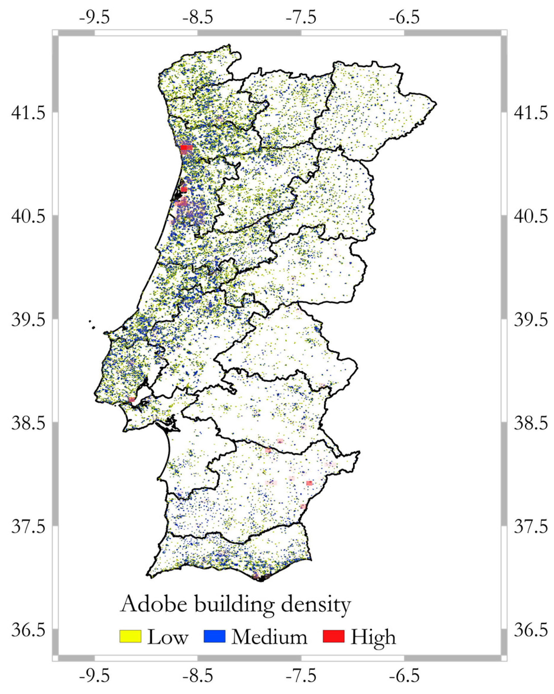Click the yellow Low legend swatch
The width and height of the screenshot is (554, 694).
tap(130, 636)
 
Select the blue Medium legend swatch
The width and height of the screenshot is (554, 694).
tap(214, 636)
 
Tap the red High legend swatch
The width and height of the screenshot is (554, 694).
tap(333, 636)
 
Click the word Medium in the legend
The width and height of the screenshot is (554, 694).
tap(269, 637)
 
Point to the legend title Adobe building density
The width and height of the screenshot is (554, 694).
tap(235, 604)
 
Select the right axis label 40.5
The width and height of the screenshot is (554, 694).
tap(530, 216)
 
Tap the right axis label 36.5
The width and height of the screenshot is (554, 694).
tap(530, 630)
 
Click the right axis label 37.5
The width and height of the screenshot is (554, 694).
tap(530, 527)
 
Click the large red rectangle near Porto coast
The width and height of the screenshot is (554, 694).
tap(186, 148)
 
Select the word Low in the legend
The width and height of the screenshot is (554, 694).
tap(167, 637)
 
